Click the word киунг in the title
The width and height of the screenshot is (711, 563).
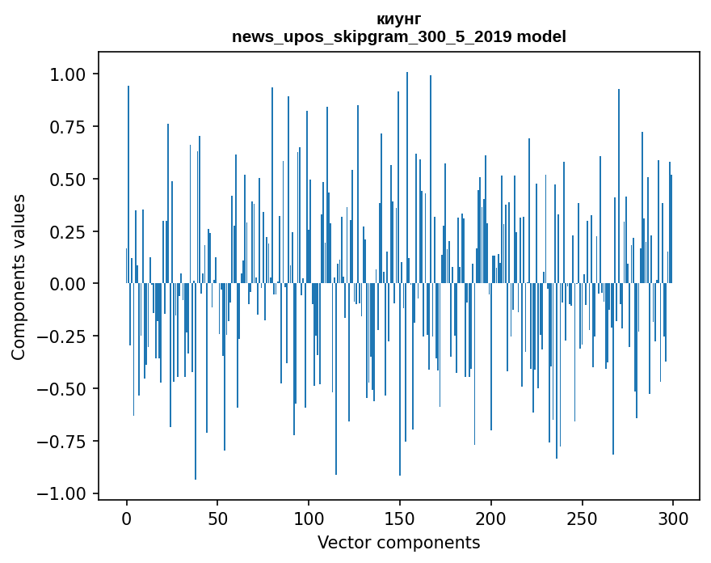pyautogui.click(x=398, y=19)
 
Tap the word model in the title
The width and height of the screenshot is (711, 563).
pyautogui.click(x=541, y=36)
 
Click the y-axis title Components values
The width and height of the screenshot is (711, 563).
pyautogui.click(x=19, y=277)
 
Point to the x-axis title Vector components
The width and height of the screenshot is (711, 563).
pyautogui.click(x=398, y=543)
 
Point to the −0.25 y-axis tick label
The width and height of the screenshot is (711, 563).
pyautogui.click(x=60, y=337)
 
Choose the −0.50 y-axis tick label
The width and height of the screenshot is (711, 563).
pyautogui.click(x=60, y=389)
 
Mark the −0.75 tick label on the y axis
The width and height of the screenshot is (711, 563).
pyautogui.click(x=60, y=442)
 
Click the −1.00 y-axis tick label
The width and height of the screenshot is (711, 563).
pyautogui.click(x=60, y=493)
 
